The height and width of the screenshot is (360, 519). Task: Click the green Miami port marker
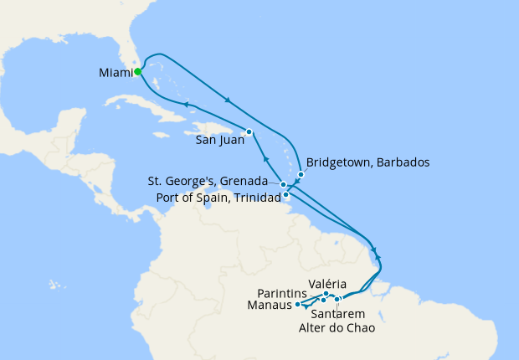tap(137, 72)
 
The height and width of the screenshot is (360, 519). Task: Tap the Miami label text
tap(116, 73)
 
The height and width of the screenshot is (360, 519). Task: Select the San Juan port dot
tap(249, 131)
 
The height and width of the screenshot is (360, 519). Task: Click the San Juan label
tap(219, 141)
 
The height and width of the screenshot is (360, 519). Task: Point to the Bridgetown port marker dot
tap(301, 174)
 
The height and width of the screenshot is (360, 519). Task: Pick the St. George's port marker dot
tap(284, 184)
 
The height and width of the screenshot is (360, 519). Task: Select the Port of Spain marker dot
tap(286, 195)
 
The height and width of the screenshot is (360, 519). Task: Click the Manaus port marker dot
tap(298, 305)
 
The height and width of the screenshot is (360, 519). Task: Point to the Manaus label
tap(270, 306)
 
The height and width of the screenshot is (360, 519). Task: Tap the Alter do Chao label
tap(337, 327)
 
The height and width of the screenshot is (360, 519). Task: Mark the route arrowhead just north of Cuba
tap(185, 104)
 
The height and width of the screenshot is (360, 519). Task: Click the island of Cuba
tap(151, 105)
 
